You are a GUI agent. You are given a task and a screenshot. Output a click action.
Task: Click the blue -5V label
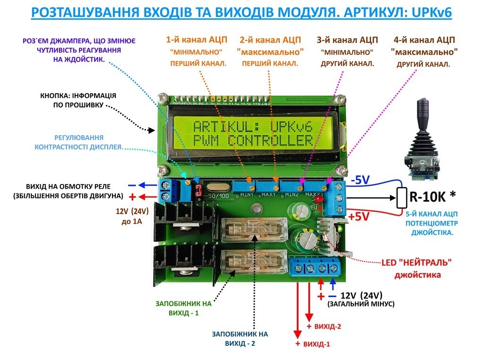(361, 179)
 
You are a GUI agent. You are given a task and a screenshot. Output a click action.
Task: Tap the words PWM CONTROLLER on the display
(253, 140)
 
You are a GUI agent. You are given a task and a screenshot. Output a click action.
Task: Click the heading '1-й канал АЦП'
(196, 40)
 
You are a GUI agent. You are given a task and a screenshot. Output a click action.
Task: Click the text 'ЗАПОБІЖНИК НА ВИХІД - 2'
(241, 338)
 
